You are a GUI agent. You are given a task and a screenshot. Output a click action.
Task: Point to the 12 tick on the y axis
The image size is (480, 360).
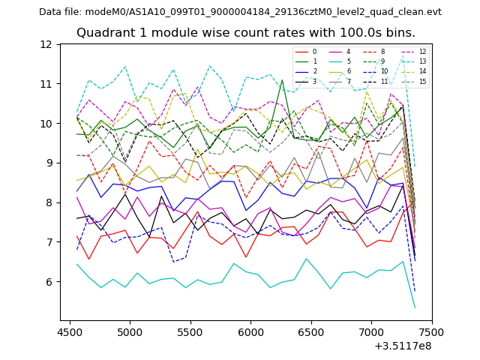[47, 44]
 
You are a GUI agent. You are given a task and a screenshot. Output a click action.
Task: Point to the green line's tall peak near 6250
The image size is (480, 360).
[282, 79]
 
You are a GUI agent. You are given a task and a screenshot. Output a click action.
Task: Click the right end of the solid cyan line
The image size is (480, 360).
[415, 307]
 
